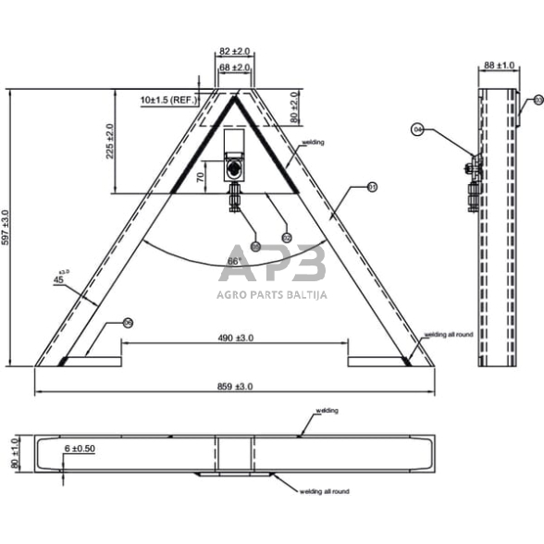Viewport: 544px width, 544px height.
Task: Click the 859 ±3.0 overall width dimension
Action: (235, 385)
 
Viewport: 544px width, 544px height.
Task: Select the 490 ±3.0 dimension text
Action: (235, 339)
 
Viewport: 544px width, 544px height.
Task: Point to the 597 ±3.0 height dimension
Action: (8, 227)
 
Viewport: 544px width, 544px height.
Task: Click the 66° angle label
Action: (234, 262)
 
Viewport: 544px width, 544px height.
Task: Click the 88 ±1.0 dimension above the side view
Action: (501, 66)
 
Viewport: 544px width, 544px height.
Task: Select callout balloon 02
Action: (286, 238)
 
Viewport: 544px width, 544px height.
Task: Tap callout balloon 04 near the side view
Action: (417, 130)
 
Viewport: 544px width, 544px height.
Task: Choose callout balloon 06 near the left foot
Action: (128, 323)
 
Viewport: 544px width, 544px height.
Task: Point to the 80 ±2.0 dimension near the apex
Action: (294, 106)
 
